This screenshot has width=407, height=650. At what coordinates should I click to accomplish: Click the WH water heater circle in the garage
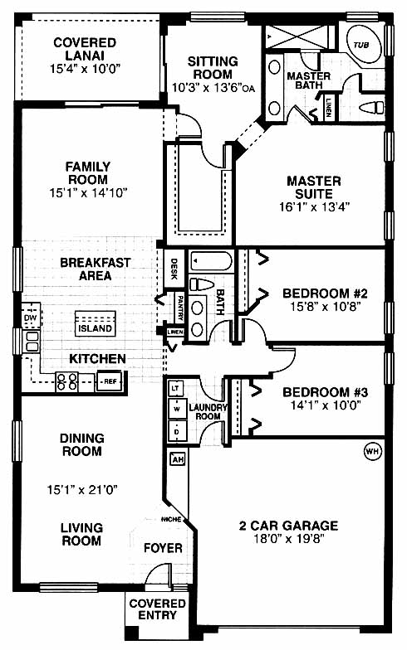point(372,451)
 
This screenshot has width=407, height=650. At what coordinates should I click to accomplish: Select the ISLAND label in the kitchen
point(95,328)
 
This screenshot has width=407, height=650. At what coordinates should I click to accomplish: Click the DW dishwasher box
point(30,318)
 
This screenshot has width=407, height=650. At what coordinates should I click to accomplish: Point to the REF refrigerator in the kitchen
point(110,381)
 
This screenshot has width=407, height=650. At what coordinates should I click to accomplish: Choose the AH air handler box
point(178,459)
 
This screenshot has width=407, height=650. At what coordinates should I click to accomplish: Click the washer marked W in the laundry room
point(177,410)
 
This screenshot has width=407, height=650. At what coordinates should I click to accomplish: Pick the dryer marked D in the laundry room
point(177,431)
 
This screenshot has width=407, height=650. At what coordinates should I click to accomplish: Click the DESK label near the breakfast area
point(174,269)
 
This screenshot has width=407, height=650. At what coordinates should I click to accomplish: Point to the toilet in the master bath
point(372,108)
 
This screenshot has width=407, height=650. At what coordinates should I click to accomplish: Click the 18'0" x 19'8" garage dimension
point(289,539)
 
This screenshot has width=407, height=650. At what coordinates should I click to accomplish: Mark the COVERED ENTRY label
point(157,609)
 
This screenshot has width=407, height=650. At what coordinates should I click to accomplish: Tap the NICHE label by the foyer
point(171,519)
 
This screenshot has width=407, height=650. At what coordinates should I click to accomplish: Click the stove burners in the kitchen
point(66,381)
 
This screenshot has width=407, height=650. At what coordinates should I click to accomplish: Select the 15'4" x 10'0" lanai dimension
point(86,68)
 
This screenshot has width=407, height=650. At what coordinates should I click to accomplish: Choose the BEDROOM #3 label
point(325,392)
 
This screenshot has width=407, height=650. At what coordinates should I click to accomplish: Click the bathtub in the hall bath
point(211,262)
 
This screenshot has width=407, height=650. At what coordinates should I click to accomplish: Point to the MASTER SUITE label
point(314,187)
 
